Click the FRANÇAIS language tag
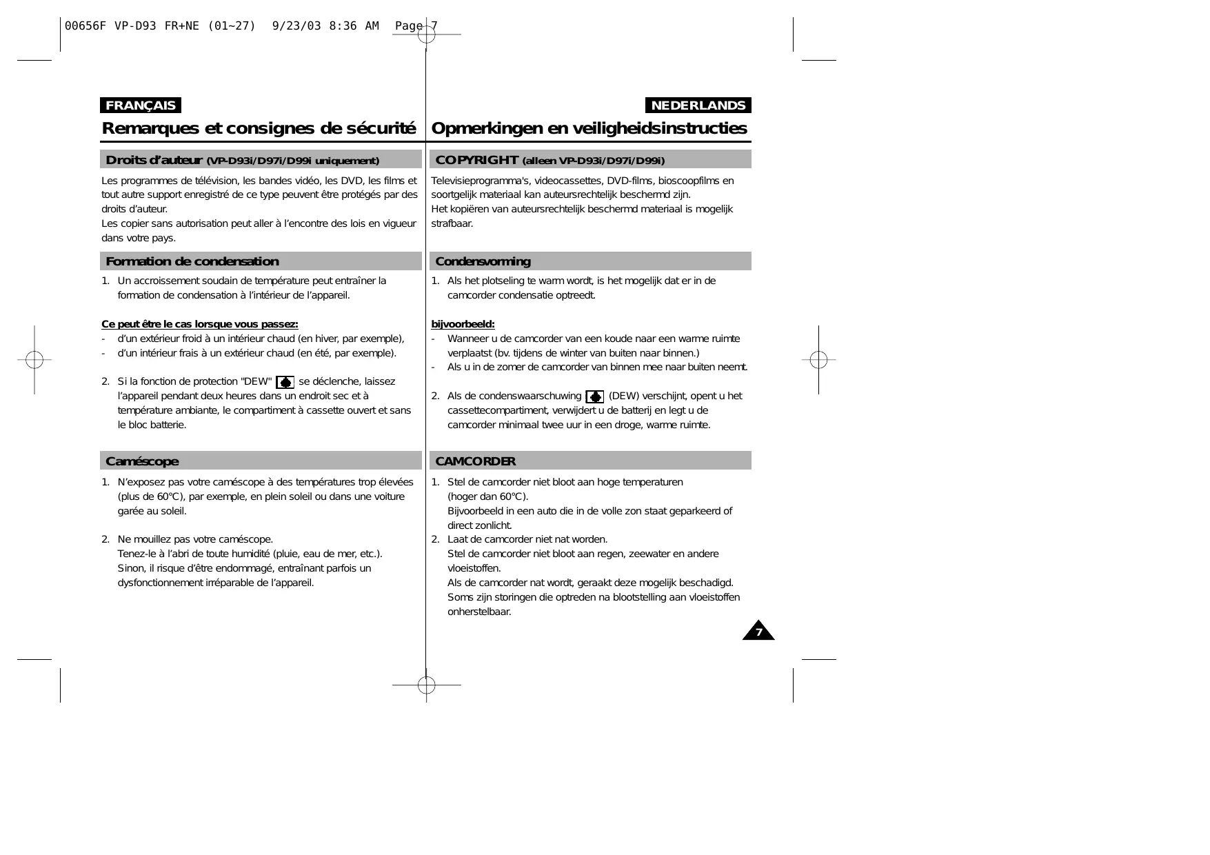pyautogui.click(x=141, y=105)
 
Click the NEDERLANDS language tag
pyautogui.click(x=698, y=105)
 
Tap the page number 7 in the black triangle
pyautogui.click(x=758, y=632)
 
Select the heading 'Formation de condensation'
pyautogui.click(x=192, y=261)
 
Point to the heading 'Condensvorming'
pyautogui.click(x=483, y=261)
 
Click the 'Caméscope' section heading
pyautogui.click(x=142, y=461)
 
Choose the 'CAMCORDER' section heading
pyautogui.click(x=475, y=461)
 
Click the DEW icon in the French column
pyautogui.click(x=285, y=383)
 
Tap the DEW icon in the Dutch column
pyautogui.click(x=594, y=397)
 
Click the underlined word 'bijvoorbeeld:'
pyautogui.click(x=463, y=324)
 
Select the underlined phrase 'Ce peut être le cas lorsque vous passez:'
pyautogui.click(x=199, y=324)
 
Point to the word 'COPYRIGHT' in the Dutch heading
pyautogui.click(x=476, y=160)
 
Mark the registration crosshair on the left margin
pyautogui.click(x=34, y=359)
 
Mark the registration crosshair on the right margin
pyautogui.click(x=818, y=359)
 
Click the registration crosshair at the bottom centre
pyautogui.click(x=426, y=685)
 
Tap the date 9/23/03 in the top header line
pyautogui.click(x=296, y=26)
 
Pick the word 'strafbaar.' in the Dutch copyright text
pyautogui.click(x=452, y=223)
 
